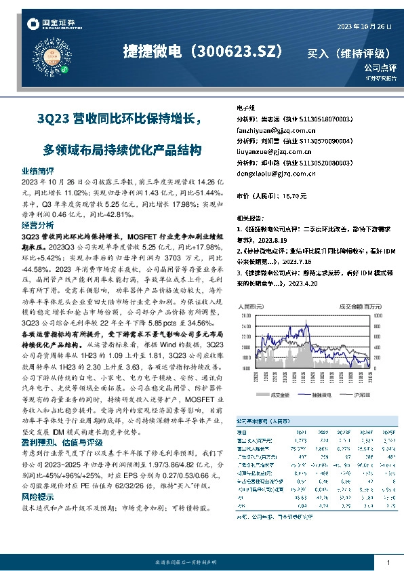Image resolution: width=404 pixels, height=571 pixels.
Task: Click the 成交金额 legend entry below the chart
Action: coord(278,394)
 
